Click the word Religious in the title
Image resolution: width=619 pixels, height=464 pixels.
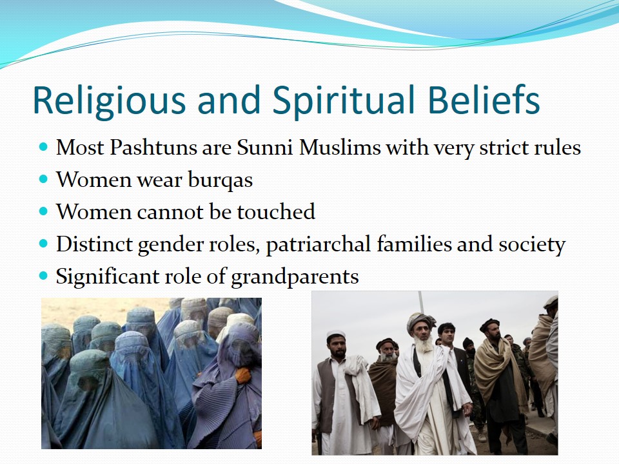tap(109, 101)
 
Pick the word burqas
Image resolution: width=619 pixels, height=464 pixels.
tap(221, 180)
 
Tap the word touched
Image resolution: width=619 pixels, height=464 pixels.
tap(276, 212)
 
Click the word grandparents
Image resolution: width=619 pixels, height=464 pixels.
tap(295, 277)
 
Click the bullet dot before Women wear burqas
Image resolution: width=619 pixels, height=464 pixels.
tap(43, 179)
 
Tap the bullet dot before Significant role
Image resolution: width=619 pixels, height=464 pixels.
tap(43, 275)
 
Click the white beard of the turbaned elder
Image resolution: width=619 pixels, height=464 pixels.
tap(424, 345)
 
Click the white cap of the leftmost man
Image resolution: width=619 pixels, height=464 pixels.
tap(336, 334)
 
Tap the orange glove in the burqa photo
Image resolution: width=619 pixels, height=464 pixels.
tap(243, 375)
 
